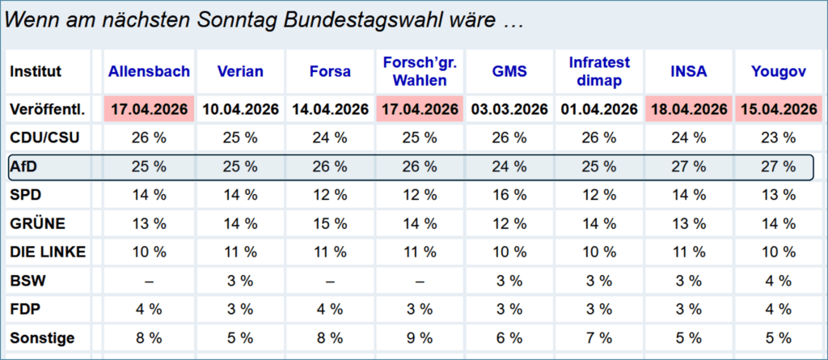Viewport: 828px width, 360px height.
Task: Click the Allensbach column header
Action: (x=149, y=71)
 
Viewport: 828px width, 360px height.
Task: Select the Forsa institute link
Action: (x=330, y=71)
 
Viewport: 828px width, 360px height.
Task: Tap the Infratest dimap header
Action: (x=599, y=71)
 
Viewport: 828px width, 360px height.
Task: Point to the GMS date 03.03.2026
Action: (x=510, y=109)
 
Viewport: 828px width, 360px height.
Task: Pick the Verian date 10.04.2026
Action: (x=240, y=109)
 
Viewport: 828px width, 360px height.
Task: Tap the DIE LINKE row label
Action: (x=48, y=252)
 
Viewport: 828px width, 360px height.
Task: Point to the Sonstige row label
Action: (x=42, y=338)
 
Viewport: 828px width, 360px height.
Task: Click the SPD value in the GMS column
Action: (x=510, y=195)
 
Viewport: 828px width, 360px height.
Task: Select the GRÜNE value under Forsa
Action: (x=330, y=223)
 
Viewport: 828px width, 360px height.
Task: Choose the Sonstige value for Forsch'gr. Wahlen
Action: (x=420, y=338)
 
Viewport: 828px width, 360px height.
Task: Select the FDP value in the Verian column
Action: (x=240, y=309)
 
